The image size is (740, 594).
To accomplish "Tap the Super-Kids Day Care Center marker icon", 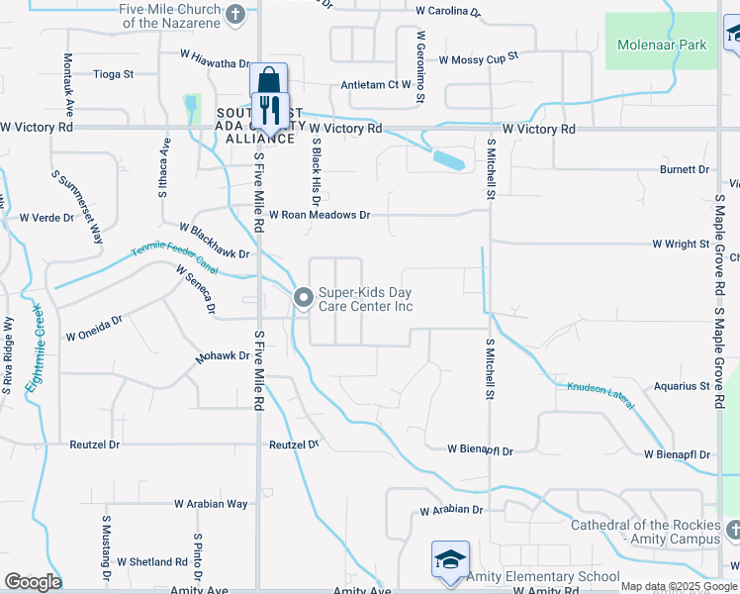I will click(303, 296).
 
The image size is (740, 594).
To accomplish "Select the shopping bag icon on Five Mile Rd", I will click(267, 79).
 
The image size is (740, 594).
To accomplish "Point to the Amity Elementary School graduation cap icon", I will click(450, 559).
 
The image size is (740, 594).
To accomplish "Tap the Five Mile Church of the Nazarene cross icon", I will click(235, 14).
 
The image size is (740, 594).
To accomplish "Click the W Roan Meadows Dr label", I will click(319, 215).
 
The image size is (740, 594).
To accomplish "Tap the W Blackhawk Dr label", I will click(214, 253).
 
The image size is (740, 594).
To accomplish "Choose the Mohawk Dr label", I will click(222, 356).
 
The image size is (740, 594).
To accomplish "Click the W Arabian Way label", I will click(211, 504).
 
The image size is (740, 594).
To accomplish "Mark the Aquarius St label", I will click(682, 386).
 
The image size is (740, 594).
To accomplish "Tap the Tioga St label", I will click(113, 73).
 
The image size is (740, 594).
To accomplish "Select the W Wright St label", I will click(681, 244).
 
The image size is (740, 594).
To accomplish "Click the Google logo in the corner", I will click(33, 582).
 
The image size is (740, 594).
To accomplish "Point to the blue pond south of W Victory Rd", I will click(448, 158).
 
